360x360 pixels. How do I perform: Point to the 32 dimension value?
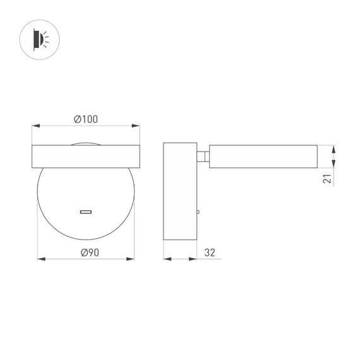210,253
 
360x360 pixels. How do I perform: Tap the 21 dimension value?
327,179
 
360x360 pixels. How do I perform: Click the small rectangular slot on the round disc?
85,212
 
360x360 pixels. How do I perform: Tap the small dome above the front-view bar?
85,143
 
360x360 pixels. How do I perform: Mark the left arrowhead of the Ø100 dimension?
35,126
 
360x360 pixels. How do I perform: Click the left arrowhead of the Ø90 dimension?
40,258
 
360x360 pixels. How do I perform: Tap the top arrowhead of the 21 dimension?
333,148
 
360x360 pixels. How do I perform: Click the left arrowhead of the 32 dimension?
167,258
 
